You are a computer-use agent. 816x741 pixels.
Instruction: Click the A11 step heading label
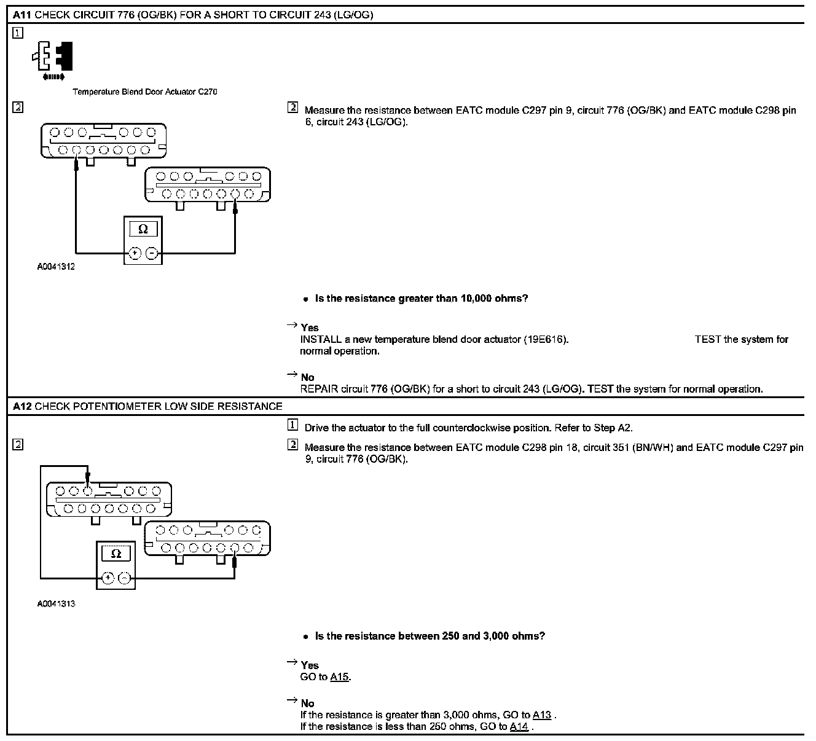[x=23, y=15]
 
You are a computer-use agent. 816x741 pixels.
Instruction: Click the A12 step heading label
[x=23, y=406]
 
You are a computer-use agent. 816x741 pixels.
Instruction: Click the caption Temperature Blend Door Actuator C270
[x=144, y=92]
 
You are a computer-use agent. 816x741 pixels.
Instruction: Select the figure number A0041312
[x=56, y=267]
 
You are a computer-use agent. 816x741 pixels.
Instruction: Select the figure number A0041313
[x=56, y=604]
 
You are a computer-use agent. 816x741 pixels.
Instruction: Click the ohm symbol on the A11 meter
[x=143, y=229]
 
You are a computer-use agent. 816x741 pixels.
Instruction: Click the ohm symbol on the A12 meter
[x=116, y=554]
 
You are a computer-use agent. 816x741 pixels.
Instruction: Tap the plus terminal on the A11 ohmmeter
[x=135, y=253]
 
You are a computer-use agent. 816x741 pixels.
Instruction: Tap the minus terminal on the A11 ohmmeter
[x=151, y=253]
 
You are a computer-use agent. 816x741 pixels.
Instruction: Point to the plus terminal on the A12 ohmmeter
[x=108, y=578]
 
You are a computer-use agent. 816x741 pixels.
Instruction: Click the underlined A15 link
[x=339, y=677]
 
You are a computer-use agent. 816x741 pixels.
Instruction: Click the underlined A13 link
[x=541, y=715]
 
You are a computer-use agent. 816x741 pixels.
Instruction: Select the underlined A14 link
[x=519, y=727]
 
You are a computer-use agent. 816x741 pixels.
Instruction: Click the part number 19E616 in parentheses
[x=546, y=340]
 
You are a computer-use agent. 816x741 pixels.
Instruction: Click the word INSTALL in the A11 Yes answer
[x=321, y=340]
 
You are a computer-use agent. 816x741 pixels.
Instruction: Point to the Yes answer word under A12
[x=310, y=665]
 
